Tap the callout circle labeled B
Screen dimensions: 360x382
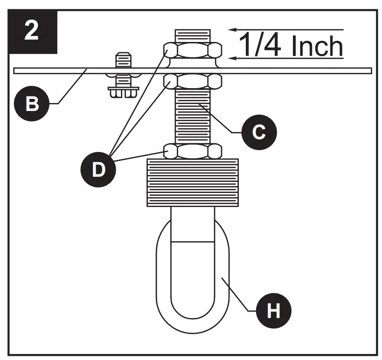(x=31, y=104)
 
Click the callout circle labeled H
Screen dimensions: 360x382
(x=273, y=310)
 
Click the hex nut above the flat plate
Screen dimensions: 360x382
(x=192, y=49)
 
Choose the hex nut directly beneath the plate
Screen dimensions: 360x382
(x=192, y=82)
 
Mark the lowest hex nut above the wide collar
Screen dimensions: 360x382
(x=192, y=151)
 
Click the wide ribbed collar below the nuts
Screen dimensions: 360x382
(x=192, y=182)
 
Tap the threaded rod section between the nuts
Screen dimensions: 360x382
(x=192, y=117)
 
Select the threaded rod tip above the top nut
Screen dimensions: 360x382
(x=192, y=35)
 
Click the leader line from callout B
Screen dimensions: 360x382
(x=70, y=87)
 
